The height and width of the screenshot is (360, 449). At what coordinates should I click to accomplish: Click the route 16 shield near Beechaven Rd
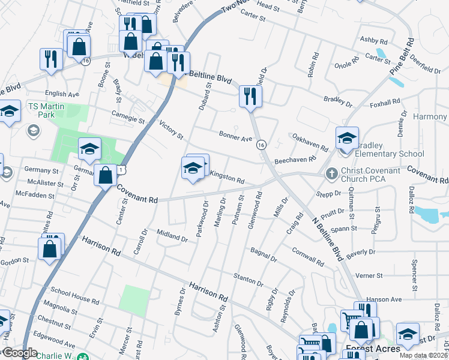click(261, 145)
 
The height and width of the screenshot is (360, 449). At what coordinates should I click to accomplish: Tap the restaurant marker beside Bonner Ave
click(249, 96)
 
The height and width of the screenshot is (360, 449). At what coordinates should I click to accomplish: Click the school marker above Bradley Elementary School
click(346, 139)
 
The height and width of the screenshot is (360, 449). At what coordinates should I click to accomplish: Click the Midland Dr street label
click(172, 235)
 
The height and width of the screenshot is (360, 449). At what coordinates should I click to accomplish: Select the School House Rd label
click(74, 295)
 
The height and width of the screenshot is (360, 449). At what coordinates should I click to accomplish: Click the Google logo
click(20, 353)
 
